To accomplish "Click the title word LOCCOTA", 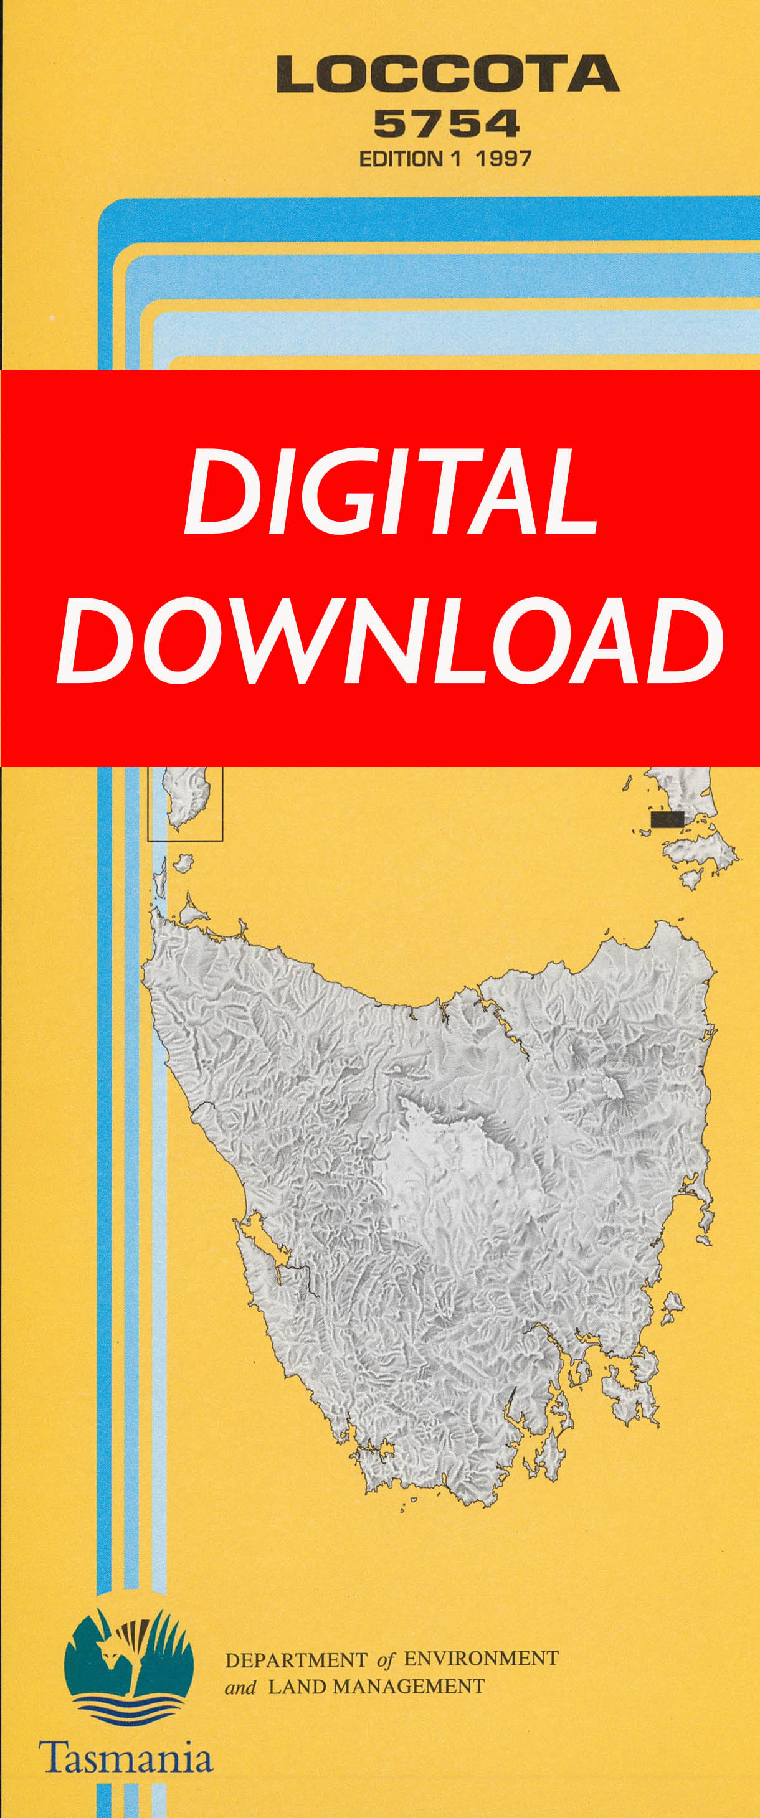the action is [448, 75].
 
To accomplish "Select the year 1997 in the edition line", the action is [503, 158].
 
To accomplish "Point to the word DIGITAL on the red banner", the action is [391, 492].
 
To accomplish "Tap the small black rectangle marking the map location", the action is [667, 819].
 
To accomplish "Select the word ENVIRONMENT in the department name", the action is [480, 1658].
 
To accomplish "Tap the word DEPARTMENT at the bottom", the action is [296, 1659].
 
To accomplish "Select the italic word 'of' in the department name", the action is [386, 1659].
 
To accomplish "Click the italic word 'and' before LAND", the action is [240, 1687].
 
